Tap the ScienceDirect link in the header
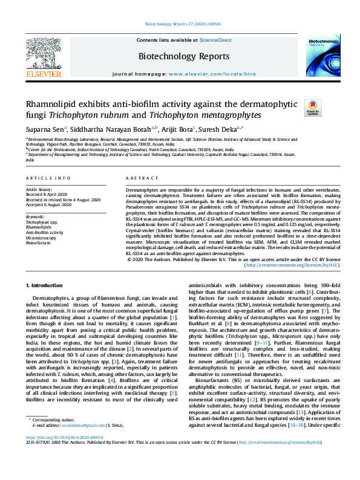(216, 40)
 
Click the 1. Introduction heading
(47, 285)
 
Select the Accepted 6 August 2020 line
(50, 203)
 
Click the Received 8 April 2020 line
(48, 193)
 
